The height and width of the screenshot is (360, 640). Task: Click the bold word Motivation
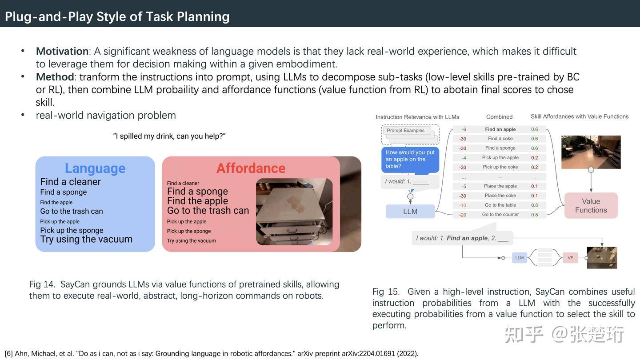tap(62, 51)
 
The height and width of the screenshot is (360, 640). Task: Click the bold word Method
tap(55, 77)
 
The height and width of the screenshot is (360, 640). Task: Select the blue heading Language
tap(95, 168)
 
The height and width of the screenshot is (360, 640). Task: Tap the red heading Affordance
tap(251, 168)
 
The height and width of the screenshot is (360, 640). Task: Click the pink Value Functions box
tap(591, 206)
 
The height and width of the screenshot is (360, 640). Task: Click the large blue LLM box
tap(410, 212)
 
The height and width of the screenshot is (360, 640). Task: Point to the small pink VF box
tap(570, 258)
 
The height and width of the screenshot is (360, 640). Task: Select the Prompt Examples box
tap(406, 131)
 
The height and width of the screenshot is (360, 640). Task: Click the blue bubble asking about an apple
tap(410, 160)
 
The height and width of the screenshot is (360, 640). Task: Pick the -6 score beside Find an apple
tap(464, 129)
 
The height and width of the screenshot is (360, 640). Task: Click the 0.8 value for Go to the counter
tap(534, 215)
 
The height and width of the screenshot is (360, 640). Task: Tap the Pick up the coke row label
tap(500, 167)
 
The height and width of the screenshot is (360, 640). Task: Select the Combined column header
tap(499, 117)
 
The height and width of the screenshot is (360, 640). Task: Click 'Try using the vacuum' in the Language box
tap(86, 239)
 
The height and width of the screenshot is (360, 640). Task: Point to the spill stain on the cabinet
tap(296, 204)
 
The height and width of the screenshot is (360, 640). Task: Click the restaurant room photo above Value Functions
tap(591, 152)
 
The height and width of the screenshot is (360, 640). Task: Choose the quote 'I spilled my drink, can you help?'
tap(169, 136)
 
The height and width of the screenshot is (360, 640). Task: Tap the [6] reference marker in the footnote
tap(9, 354)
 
